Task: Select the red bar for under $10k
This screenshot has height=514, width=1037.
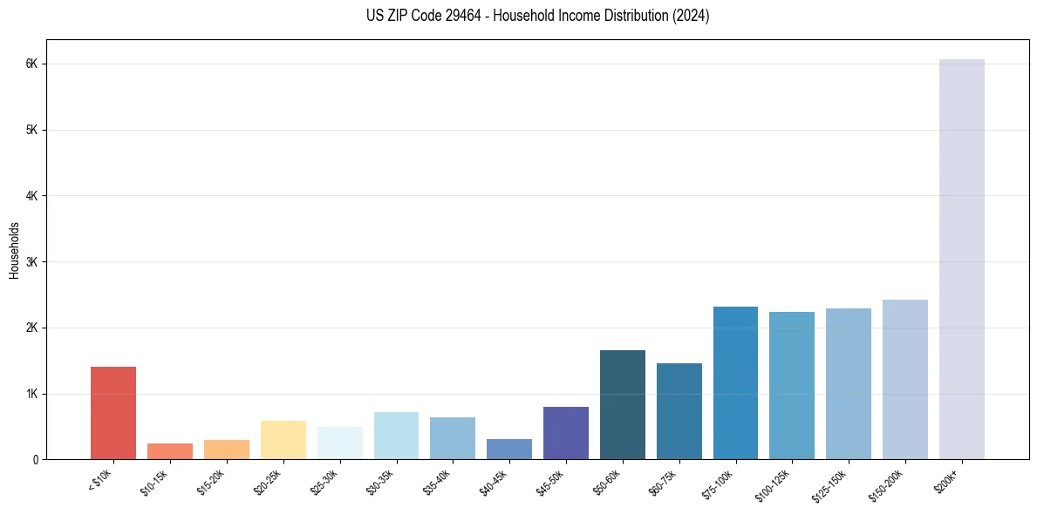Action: point(113,413)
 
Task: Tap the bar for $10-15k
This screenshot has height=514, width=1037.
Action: point(170,451)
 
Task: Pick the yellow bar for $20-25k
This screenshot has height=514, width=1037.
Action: point(283,440)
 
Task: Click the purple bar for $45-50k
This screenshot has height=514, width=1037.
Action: point(566,433)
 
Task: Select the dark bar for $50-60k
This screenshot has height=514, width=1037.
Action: point(623,405)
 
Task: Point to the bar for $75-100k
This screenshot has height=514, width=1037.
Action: point(735,383)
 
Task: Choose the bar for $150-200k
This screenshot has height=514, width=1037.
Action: point(905,380)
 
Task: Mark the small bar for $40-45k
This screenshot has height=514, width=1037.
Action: point(509,450)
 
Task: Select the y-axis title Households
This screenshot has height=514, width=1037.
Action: point(14,250)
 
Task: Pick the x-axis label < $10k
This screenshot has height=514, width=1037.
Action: point(99,480)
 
